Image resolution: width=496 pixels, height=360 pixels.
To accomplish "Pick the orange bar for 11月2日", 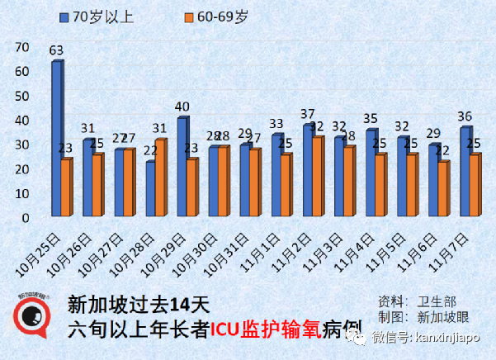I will [317, 178].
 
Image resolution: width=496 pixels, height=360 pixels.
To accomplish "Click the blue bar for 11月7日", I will [465, 173].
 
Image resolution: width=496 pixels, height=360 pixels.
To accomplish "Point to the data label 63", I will [56, 51].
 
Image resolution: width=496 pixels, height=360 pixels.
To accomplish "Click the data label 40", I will [182, 107].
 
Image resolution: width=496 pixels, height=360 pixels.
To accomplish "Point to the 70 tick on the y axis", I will [22, 47].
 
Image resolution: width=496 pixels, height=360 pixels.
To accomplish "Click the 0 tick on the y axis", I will [26, 218].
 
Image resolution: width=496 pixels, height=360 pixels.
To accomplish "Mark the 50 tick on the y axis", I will [22, 96].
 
